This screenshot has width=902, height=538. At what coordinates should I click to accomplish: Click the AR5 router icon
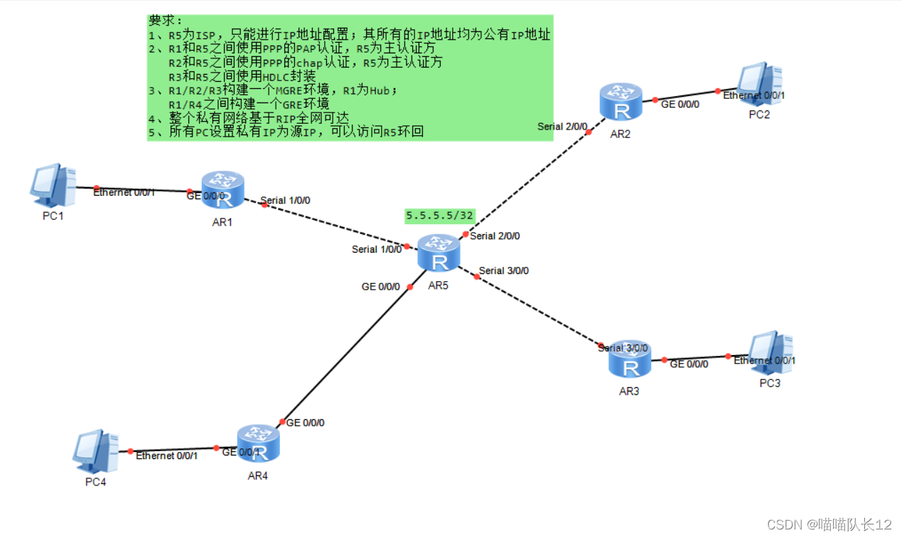coord(439,253)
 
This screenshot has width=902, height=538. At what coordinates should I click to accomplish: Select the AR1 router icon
coord(222,190)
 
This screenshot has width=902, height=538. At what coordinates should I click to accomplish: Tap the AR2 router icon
coord(621,101)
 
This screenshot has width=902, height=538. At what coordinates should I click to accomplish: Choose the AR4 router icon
coord(258,443)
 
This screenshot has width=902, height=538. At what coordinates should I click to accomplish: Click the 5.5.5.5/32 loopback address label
coord(439,215)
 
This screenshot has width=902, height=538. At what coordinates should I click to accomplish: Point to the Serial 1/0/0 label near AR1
coord(285,201)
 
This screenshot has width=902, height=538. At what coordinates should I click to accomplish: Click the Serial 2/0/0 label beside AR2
coord(562,127)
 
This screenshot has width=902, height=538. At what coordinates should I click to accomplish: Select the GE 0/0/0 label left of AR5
coord(381,287)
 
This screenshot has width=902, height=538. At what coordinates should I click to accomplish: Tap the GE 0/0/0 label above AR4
coord(305,423)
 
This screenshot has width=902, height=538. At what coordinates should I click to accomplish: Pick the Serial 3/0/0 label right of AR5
coord(504,270)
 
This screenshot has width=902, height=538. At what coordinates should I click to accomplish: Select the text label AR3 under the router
coord(629,391)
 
